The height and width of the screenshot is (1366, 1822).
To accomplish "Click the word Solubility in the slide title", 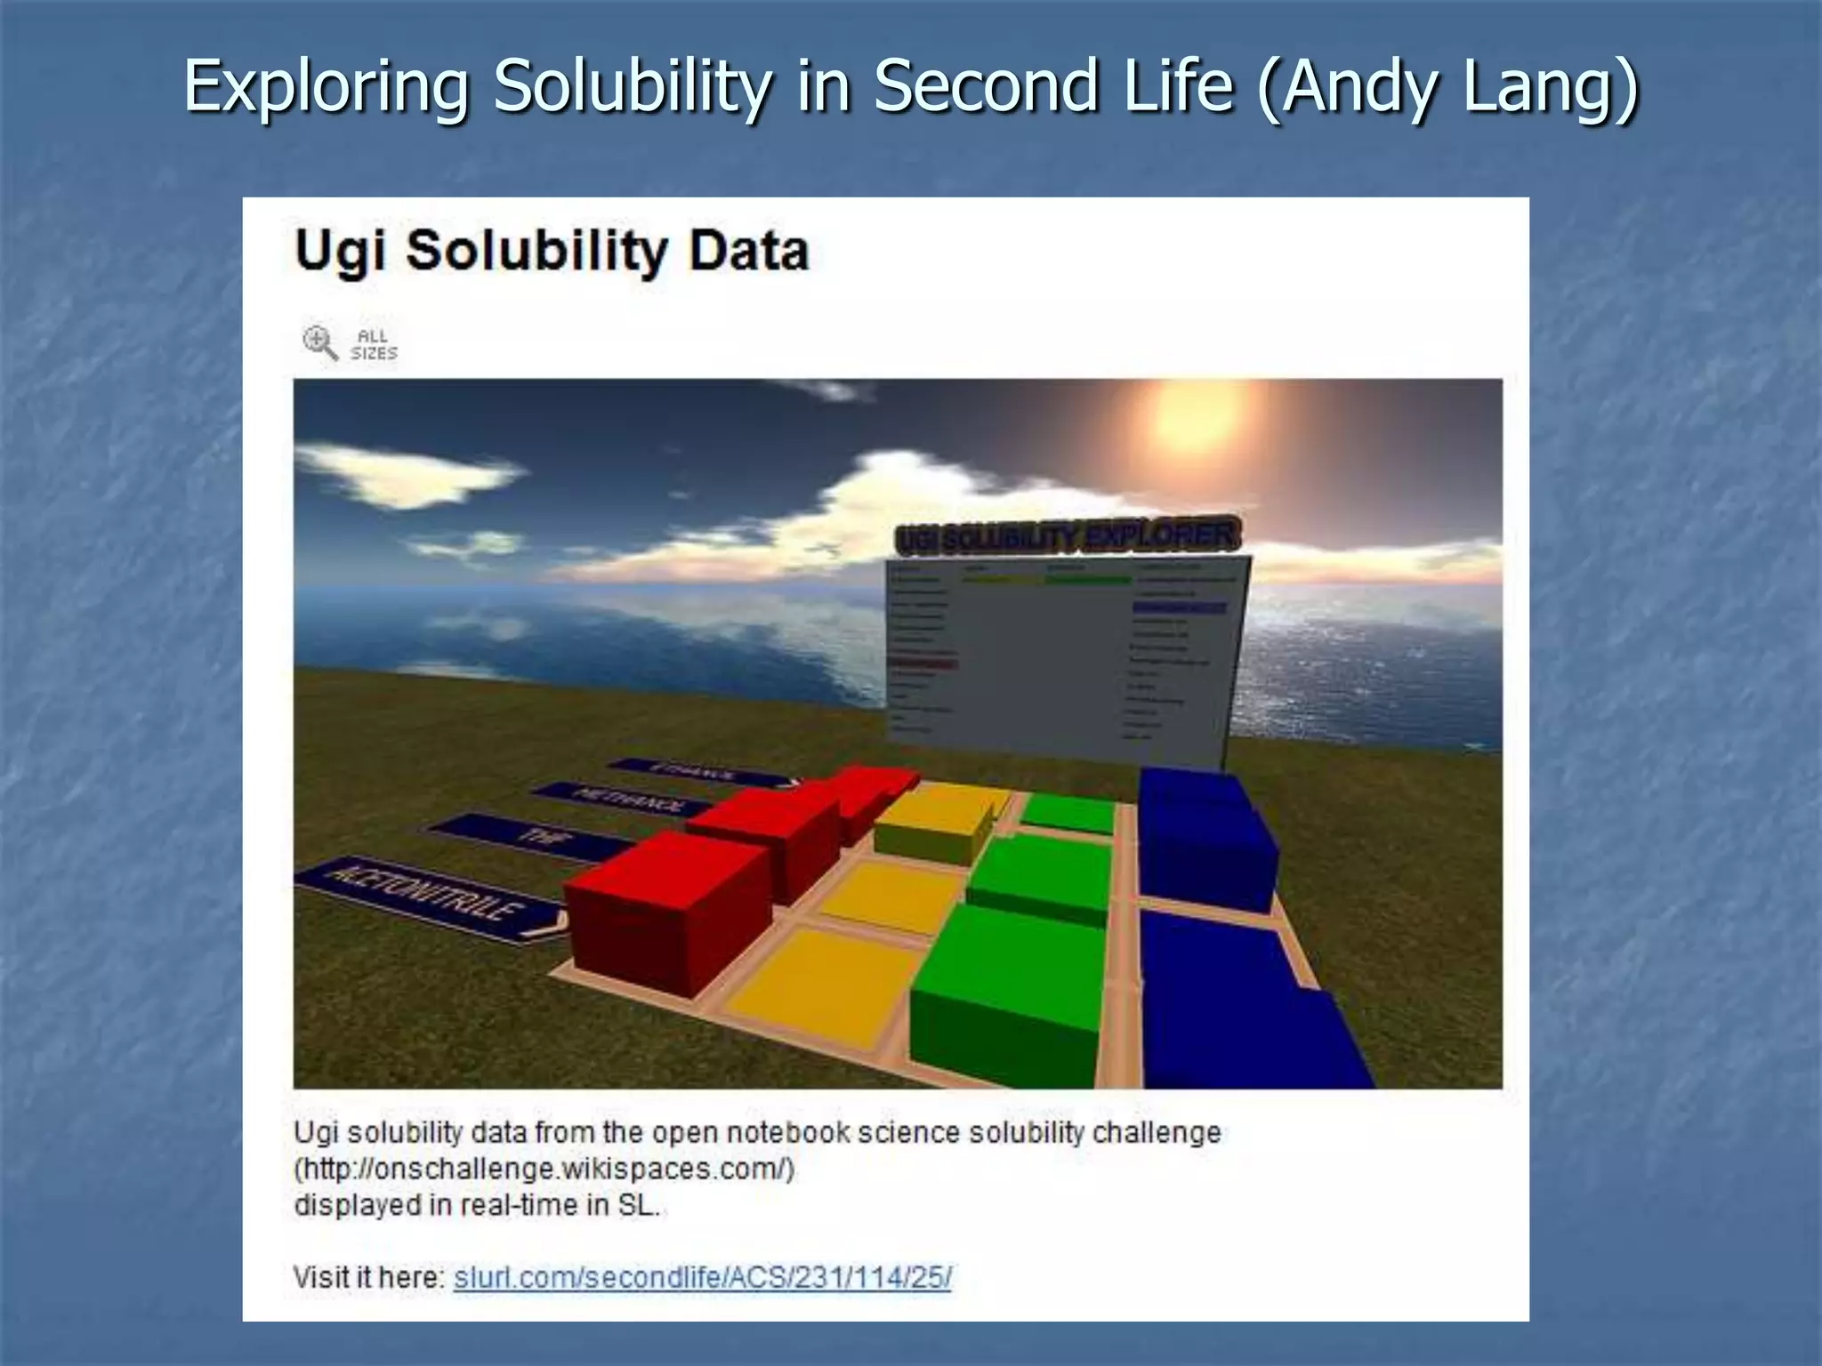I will [x=632, y=86].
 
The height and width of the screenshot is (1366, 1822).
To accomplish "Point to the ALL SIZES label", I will [x=374, y=345].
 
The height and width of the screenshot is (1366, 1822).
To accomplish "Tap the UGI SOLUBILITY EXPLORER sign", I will [x=1066, y=537].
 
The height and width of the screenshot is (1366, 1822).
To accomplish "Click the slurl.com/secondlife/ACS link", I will [x=702, y=1278].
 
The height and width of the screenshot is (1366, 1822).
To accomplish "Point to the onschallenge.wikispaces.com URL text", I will [x=544, y=1169].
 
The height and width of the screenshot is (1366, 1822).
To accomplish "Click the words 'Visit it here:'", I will [x=368, y=1278].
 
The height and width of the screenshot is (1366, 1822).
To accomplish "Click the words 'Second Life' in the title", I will [x=1053, y=86].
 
